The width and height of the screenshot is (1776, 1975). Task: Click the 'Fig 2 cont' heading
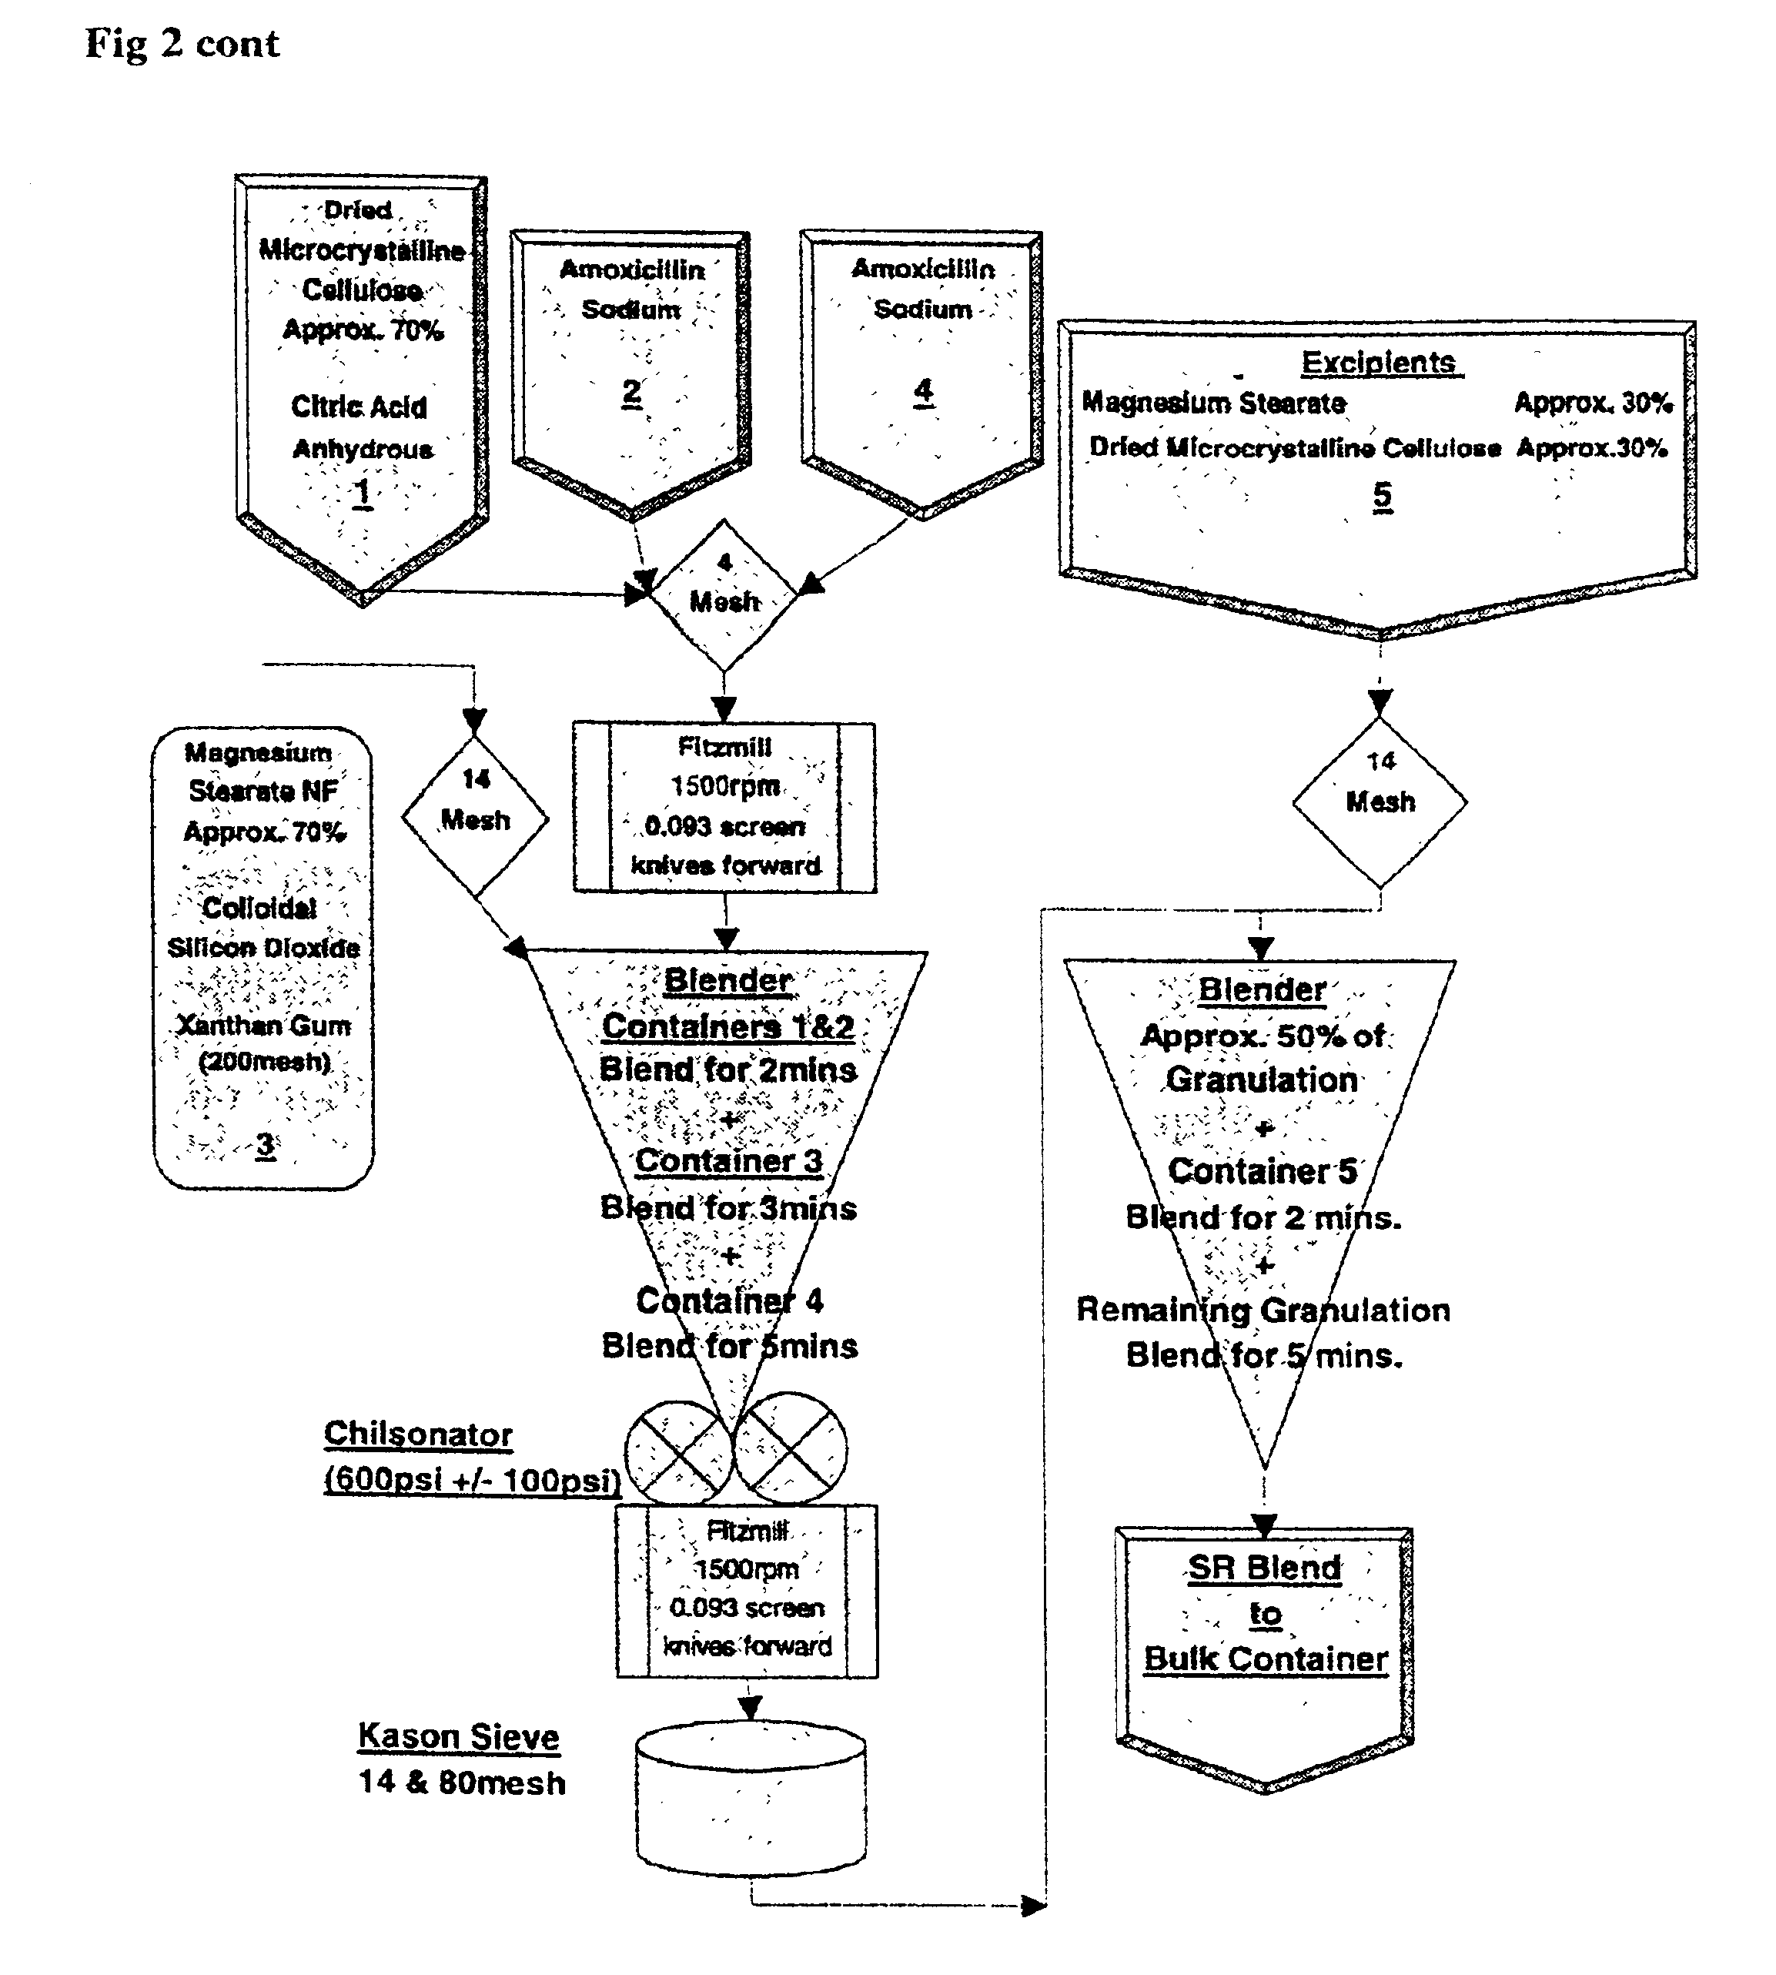(x=182, y=44)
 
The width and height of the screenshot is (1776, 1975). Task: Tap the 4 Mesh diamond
(x=724, y=595)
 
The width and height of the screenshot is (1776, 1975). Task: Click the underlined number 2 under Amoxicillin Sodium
(x=632, y=392)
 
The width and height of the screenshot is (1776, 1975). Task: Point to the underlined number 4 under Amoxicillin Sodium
(x=923, y=391)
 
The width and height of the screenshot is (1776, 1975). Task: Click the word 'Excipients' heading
(x=1380, y=362)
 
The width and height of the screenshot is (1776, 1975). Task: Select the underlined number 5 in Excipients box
(x=1382, y=496)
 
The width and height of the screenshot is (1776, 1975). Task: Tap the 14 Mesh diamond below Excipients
(x=1380, y=803)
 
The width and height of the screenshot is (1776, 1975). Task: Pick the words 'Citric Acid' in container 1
(x=359, y=407)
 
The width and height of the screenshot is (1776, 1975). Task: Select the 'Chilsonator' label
(x=418, y=1434)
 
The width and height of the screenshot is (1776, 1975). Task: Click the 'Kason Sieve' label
(x=459, y=1736)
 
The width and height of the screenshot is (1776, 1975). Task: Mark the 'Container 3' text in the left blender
(x=729, y=1161)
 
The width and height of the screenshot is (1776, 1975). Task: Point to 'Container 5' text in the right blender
(x=1263, y=1171)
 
